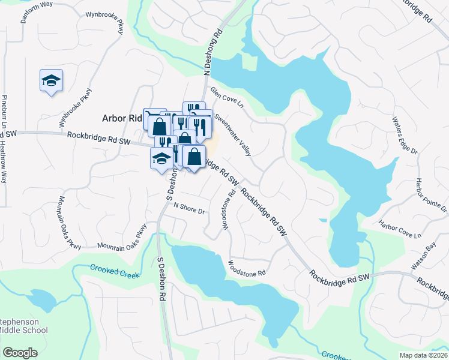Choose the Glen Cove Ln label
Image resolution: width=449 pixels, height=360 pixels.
coord(226,98)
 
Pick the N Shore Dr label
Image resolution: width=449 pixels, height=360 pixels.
coord(189,208)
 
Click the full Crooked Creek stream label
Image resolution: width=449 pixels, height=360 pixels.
coord(115,271)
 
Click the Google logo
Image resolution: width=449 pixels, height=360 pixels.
coord(20,353)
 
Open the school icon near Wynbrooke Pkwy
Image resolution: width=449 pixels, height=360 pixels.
coord(52,81)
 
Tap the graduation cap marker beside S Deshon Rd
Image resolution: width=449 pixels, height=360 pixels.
coord(161,159)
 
